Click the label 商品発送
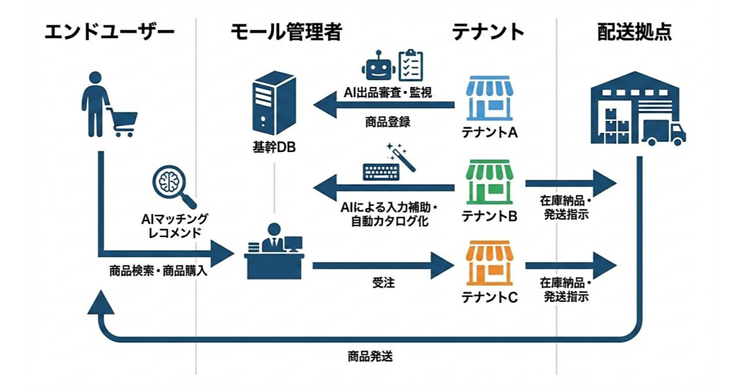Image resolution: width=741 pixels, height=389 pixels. pyautogui.click(x=371, y=356)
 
